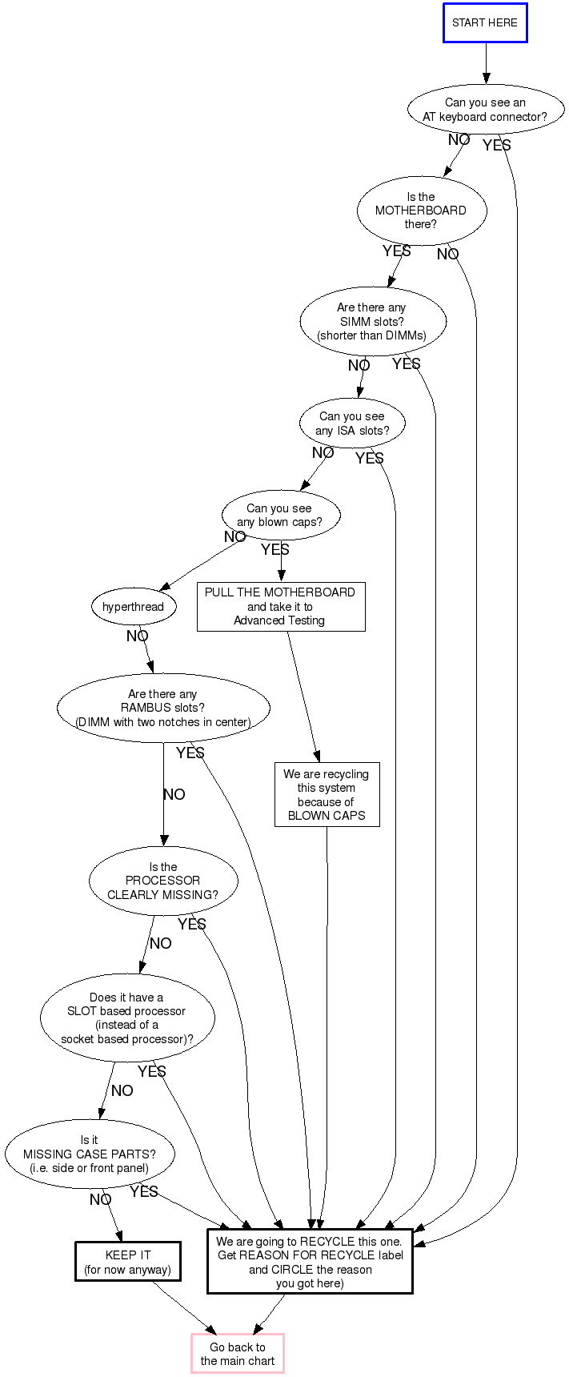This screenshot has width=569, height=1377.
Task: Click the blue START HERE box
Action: click(485, 22)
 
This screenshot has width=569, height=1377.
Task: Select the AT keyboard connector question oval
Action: click(485, 110)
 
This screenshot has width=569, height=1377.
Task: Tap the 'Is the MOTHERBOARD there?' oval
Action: click(422, 211)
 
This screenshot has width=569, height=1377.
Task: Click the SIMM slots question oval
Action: click(372, 322)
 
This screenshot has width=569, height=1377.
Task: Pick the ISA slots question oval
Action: click(352, 424)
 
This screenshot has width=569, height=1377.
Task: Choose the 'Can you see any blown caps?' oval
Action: click(280, 516)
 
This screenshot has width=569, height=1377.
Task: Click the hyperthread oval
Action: click(133, 607)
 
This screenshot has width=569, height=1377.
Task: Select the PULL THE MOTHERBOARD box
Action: click(280, 606)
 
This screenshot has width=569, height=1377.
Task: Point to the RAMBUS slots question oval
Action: click(163, 708)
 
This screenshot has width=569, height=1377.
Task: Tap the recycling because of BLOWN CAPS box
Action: click(327, 794)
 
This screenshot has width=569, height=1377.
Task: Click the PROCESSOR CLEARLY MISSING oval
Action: click(163, 881)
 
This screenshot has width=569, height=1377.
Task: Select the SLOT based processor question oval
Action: click(127, 1018)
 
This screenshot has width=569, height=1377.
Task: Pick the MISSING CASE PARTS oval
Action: click(90, 1154)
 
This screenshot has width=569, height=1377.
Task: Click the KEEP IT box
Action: click(128, 1262)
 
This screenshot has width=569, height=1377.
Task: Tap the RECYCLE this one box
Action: click(310, 1262)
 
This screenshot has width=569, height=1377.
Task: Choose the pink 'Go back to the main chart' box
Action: click(238, 1354)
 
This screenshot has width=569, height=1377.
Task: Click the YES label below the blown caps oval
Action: click(275, 550)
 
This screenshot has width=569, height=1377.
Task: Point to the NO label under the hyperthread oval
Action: click(138, 636)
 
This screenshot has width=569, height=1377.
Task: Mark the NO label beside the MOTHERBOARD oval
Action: click(448, 255)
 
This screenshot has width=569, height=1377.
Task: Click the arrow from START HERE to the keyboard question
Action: click(486, 63)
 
